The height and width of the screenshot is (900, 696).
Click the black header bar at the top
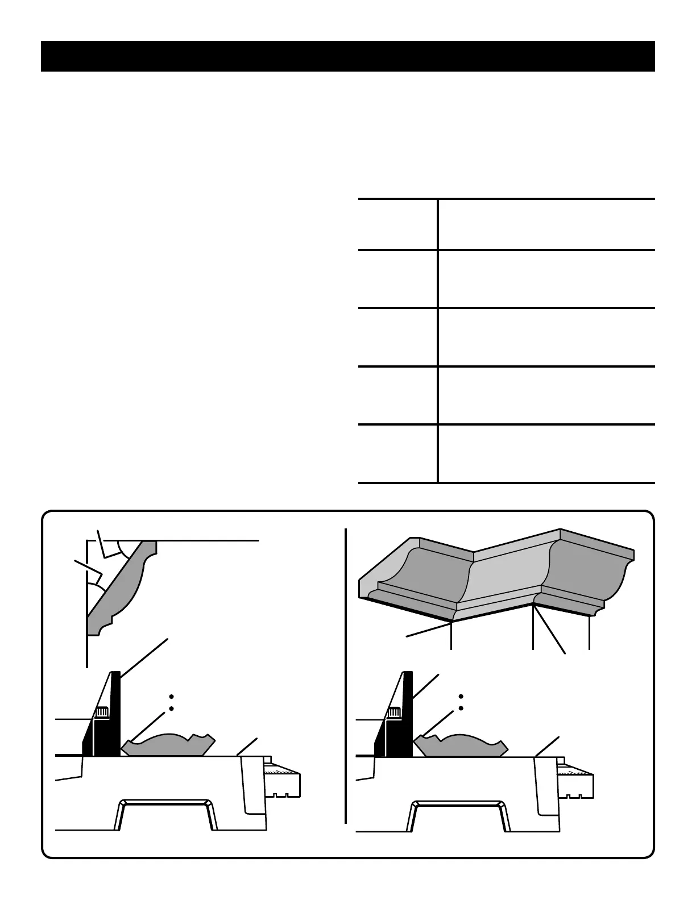click(348, 56)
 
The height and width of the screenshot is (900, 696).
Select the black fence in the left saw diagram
click(114, 716)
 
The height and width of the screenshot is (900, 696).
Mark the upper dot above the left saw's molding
click(171, 697)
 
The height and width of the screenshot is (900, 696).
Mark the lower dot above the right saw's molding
click(461, 709)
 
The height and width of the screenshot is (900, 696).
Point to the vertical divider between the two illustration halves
click(346, 676)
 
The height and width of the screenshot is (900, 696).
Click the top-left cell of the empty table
click(397, 224)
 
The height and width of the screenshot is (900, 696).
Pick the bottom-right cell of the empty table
click(546, 453)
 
